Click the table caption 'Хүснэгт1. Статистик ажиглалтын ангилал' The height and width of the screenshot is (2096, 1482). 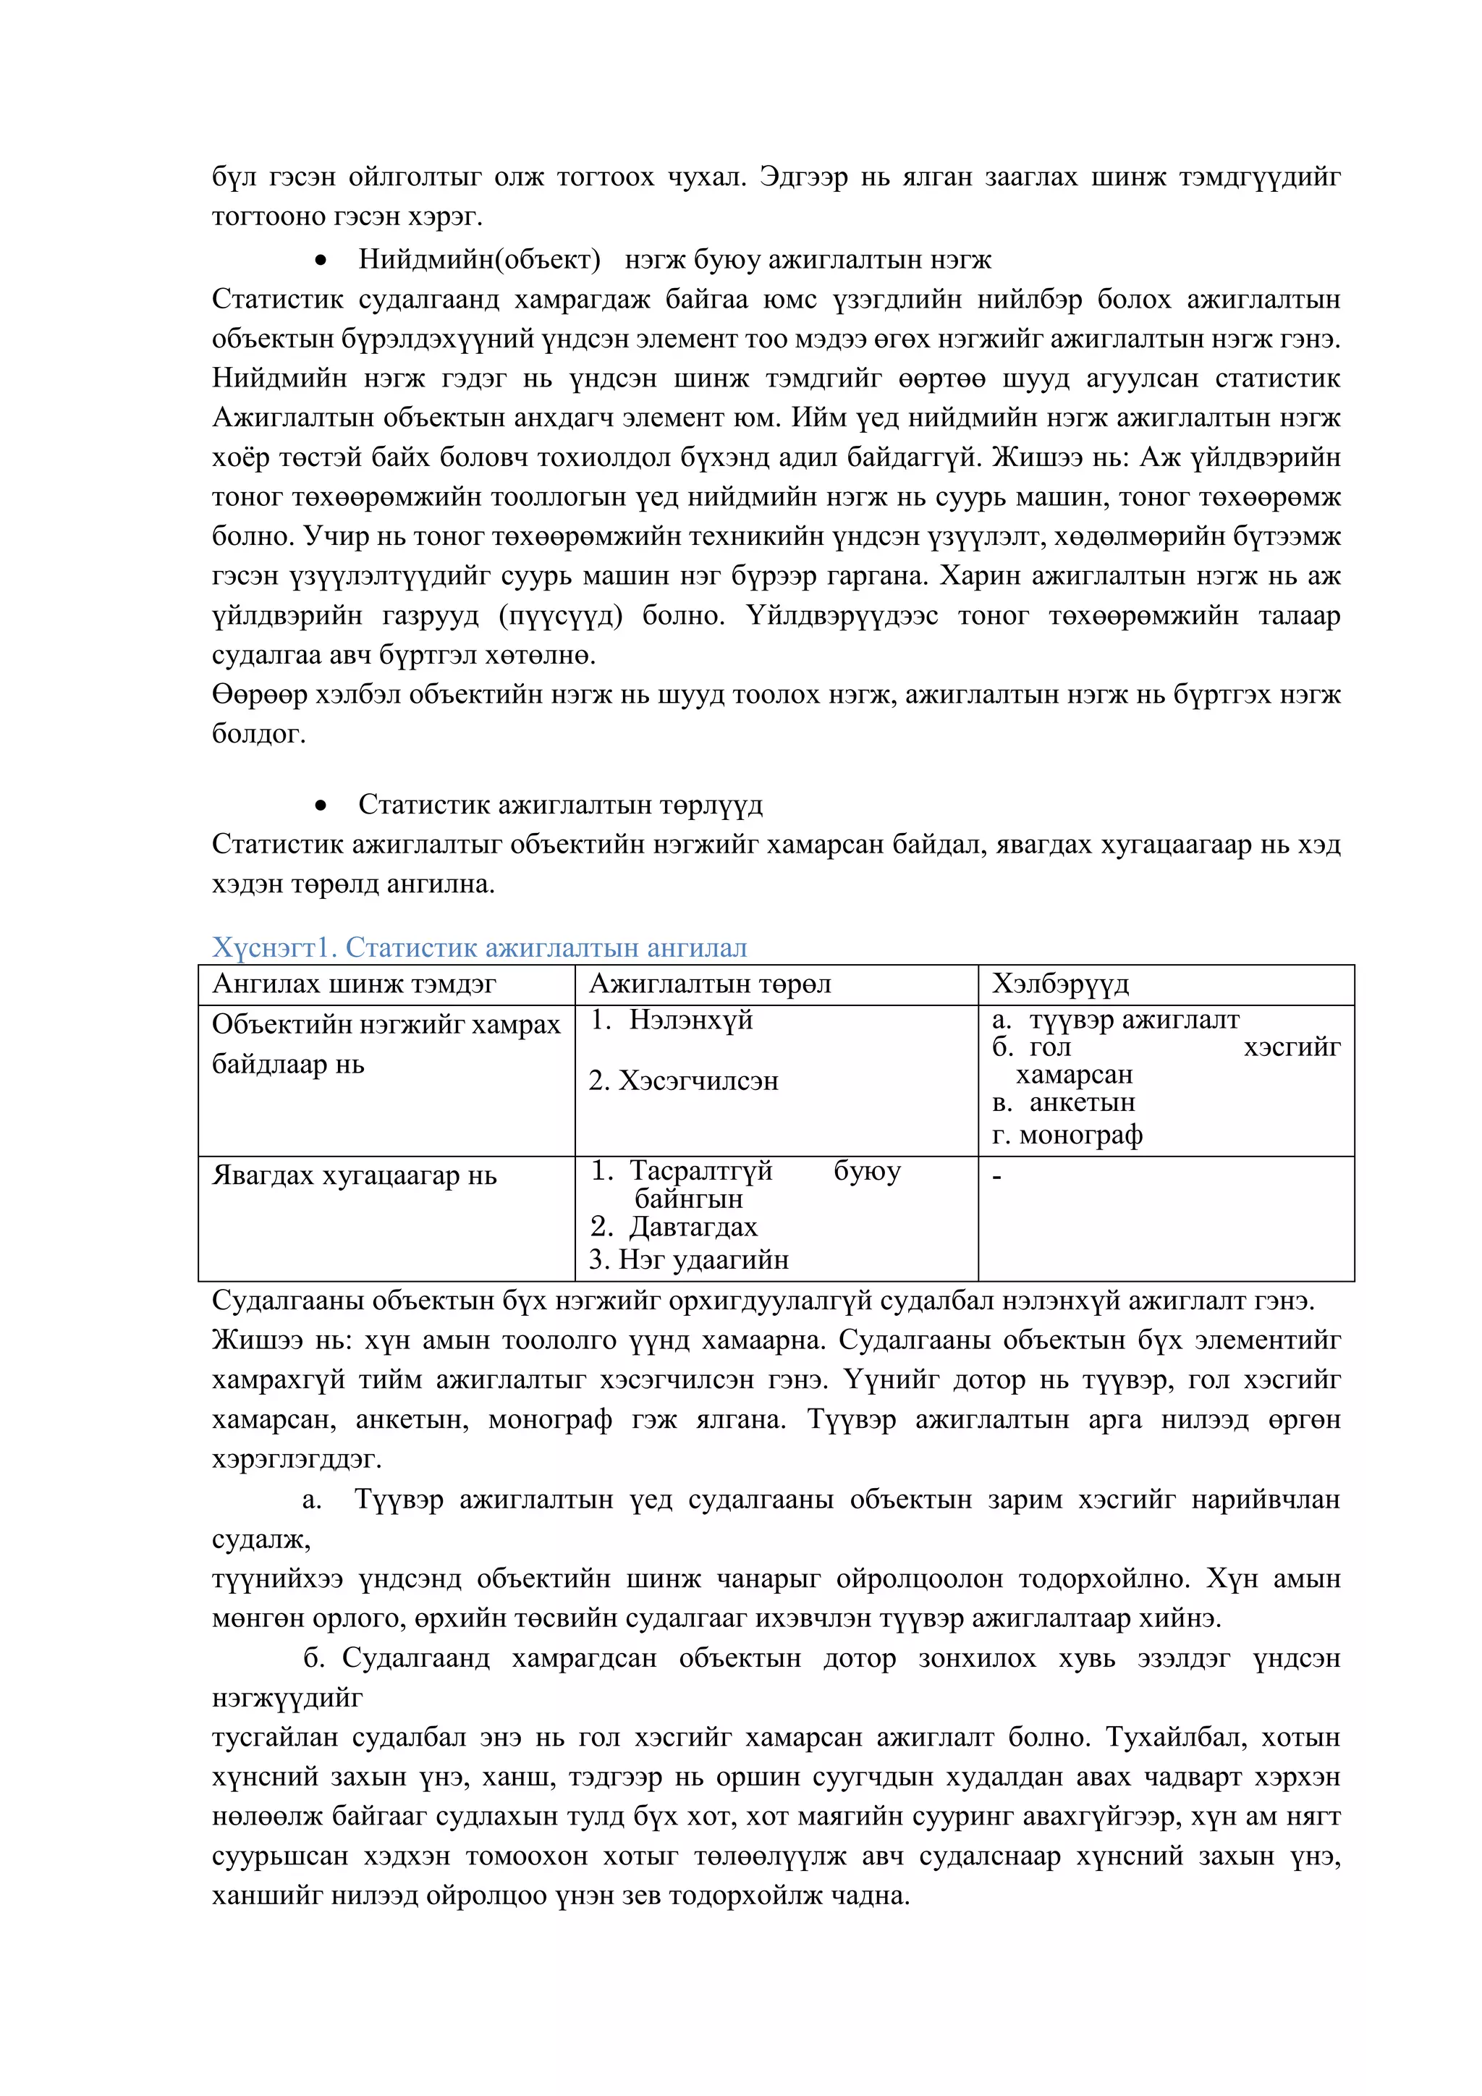point(479,947)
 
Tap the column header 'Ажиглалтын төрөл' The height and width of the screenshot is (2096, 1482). point(709,984)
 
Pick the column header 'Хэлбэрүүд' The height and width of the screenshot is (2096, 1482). point(1059,984)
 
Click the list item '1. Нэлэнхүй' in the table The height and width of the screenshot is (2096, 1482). point(671,1020)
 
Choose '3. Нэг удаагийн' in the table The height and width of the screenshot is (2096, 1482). point(688,1260)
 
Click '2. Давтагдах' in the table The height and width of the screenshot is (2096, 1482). point(674,1227)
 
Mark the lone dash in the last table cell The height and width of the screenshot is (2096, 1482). point(996,1177)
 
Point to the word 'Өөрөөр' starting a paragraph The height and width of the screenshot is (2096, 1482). point(259,695)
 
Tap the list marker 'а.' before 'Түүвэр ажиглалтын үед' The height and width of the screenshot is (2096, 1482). point(311,1500)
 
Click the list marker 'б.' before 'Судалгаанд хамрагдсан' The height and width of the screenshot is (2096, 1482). point(314,1658)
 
